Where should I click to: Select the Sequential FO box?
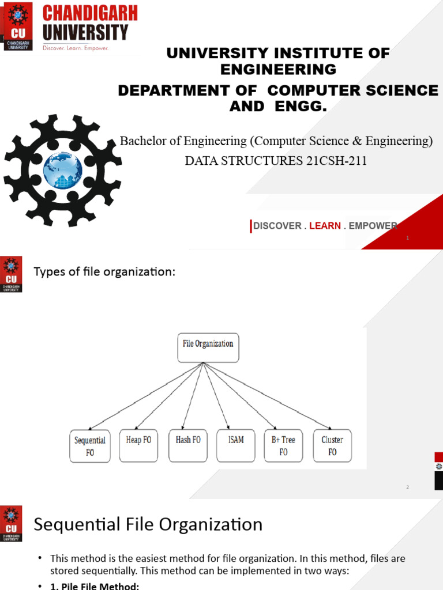point(90,446)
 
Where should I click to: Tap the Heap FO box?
point(138,445)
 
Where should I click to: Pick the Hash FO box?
point(188,445)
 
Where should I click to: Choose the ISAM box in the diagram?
point(236,445)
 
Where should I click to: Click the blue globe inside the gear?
point(62,171)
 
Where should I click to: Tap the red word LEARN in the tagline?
point(325,226)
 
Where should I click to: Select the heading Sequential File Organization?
point(148,525)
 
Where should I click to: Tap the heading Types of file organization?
point(104,272)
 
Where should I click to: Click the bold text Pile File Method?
point(96,586)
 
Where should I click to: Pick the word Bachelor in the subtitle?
point(141,141)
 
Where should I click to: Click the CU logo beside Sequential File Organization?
point(12,523)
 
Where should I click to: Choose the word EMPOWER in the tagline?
point(373,226)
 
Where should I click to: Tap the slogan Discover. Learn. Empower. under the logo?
point(76,48)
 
